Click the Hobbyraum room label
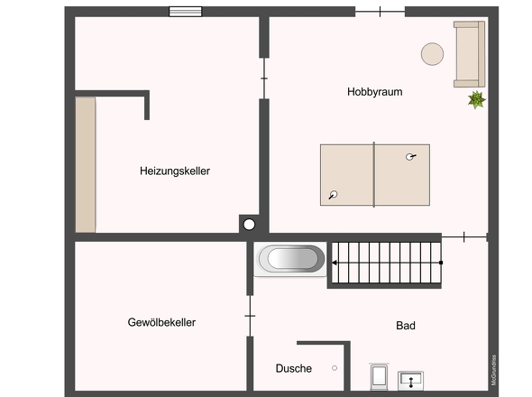(x=374, y=92)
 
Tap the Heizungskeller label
(x=175, y=171)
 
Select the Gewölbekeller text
(x=161, y=322)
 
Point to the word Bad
(x=406, y=326)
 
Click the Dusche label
(x=293, y=368)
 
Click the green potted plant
(x=477, y=100)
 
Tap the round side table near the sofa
(x=432, y=53)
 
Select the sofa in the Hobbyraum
(x=469, y=54)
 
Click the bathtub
(x=290, y=259)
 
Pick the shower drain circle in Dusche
(x=335, y=368)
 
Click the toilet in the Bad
(x=379, y=376)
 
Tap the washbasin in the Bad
(x=410, y=381)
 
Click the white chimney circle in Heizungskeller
(x=249, y=225)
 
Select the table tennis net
(x=374, y=174)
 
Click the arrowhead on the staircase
(x=335, y=263)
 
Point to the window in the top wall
(x=185, y=12)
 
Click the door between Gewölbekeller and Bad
(x=250, y=316)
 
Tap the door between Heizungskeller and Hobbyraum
(x=264, y=78)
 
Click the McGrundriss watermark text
(x=493, y=370)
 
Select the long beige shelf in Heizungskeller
(x=85, y=165)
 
